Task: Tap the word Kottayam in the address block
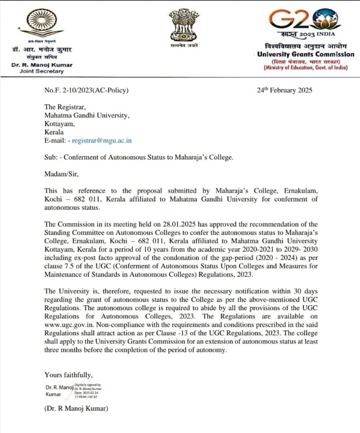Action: [62, 123]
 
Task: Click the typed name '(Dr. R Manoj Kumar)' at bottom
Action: [76, 409]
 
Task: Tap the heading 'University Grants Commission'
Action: [305, 55]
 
